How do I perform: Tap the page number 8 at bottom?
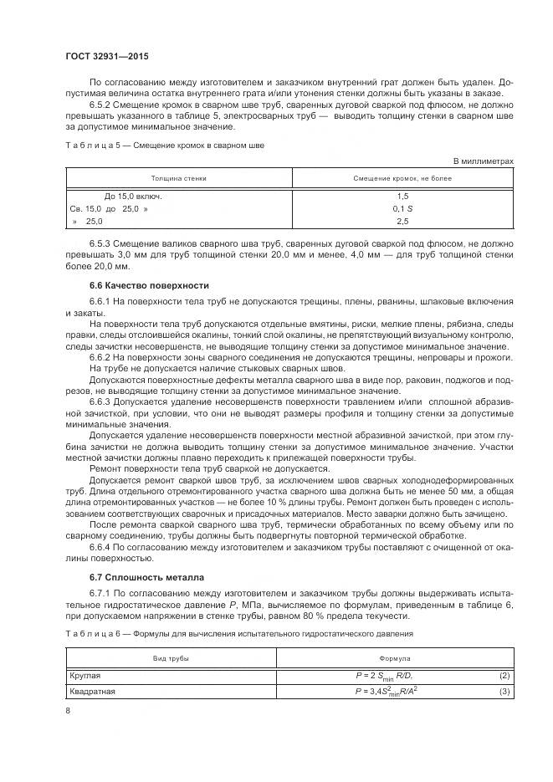pyautogui.click(x=68, y=710)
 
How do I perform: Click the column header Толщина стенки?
pyautogui.click(x=178, y=179)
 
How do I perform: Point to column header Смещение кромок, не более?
pyautogui.click(x=402, y=179)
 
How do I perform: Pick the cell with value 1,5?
pyautogui.click(x=402, y=195)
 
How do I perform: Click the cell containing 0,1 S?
pyautogui.click(x=402, y=208)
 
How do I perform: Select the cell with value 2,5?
pyautogui.click(x=402, y=222)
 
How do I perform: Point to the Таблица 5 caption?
pyautogui.click(x=164, y=146)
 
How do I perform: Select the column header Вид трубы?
pyautogui.click(x=170, y=659)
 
